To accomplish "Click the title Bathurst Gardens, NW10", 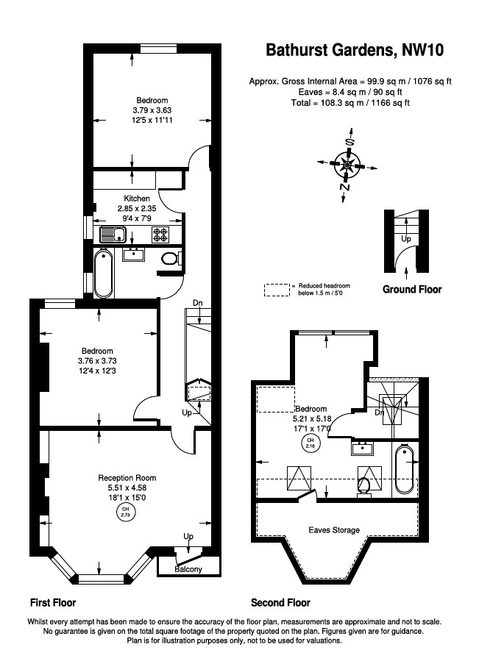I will (x=355, y=51).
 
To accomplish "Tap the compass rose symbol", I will (x=347, y=163).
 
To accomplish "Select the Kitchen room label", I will (x=136, y=199).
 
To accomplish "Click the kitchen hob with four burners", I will (x=161, y=235).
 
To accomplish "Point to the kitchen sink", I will (x=113, y=235).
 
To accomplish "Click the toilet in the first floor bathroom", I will (x=169, y=258).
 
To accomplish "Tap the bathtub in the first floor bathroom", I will (x=103, y=272).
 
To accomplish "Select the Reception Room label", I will (x=127, y=478).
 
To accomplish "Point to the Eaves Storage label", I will (x=334, y=529).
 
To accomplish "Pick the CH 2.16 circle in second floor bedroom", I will (x=309, y=443).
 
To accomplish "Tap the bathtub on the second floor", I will (x=404, y=469).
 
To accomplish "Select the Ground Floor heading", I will (x=412, y=290).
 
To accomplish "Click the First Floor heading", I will (x=53, y=603).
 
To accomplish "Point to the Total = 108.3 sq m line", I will (x=350, y=104).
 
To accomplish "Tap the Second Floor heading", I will (x=280, y=603).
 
